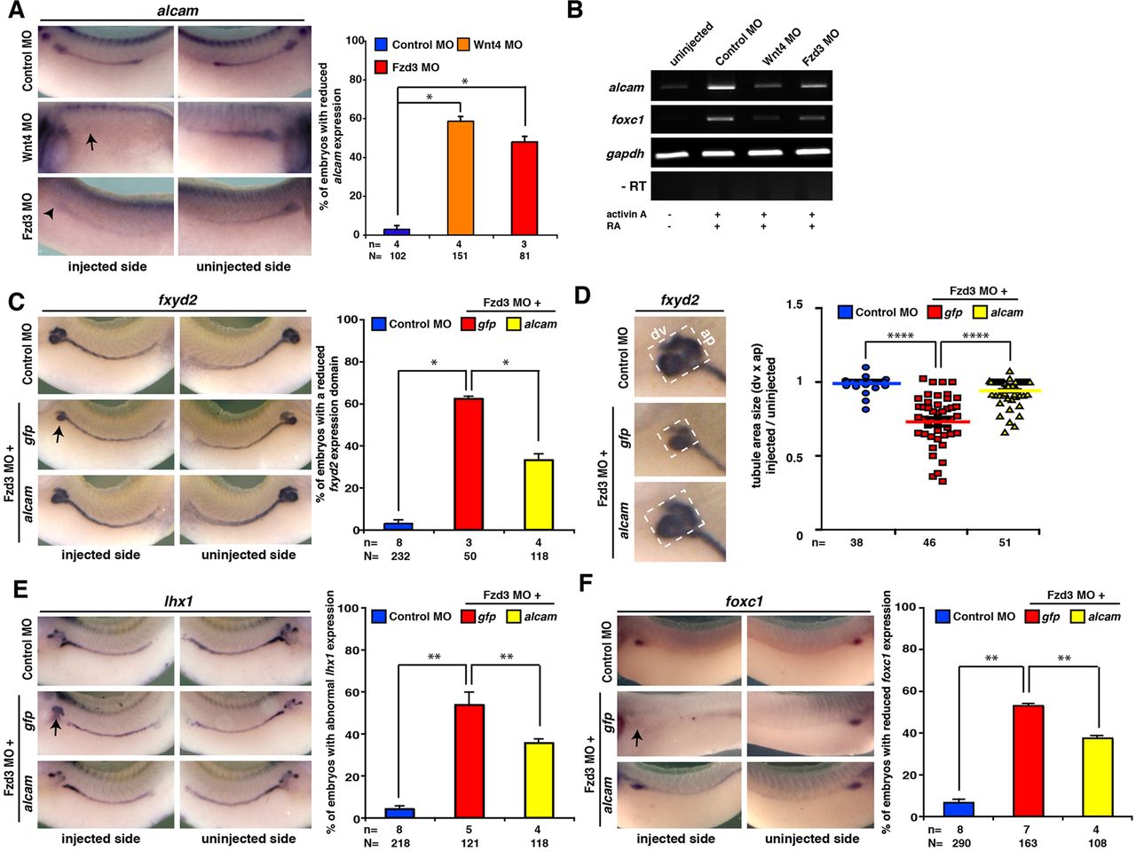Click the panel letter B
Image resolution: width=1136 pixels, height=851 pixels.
click(575, 12)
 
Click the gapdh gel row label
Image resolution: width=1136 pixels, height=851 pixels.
click(625, 154)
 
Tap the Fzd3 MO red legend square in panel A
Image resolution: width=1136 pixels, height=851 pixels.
click(382, 67)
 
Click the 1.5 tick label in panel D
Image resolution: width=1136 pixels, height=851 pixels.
click(794, 305)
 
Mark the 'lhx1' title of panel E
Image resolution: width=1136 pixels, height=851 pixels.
click(178, 602)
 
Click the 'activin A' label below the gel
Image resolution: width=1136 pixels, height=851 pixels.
click(627, 215)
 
